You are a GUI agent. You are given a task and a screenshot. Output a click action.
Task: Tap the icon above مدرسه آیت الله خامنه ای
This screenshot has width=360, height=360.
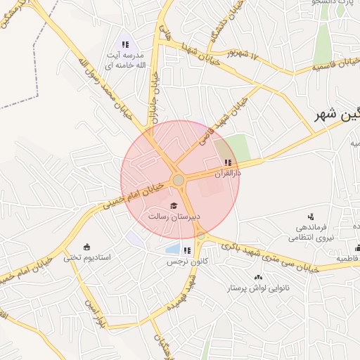pos(126,46)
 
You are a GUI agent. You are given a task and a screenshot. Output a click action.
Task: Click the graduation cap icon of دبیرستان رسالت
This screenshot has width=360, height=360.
pos(173,205)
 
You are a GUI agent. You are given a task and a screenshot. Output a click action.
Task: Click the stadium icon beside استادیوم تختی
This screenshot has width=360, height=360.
pos(86,247)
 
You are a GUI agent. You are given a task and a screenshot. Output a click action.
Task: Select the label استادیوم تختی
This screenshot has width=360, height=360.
pos(88,258)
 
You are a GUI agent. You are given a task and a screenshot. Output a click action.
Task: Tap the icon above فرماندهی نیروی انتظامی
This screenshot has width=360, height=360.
pos(311,217)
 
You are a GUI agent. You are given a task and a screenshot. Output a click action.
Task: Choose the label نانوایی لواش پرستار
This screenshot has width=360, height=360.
pos(259,288)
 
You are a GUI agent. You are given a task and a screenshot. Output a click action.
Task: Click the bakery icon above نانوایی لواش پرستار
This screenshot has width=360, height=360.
pos(259,277)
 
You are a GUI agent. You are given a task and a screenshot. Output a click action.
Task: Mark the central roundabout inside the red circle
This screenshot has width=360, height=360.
pos(179,181)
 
